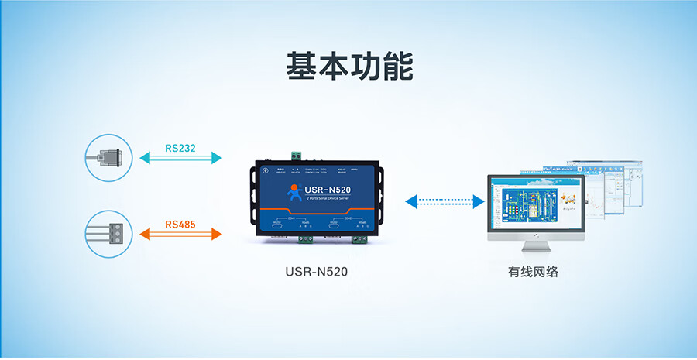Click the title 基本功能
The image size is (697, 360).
348,67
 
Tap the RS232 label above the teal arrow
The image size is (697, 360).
180,147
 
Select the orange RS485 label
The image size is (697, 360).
180,225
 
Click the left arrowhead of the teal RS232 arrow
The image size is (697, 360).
144,158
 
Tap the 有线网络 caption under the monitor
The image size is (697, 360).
534,272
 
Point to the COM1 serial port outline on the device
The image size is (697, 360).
281,227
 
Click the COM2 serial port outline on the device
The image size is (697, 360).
338,227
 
